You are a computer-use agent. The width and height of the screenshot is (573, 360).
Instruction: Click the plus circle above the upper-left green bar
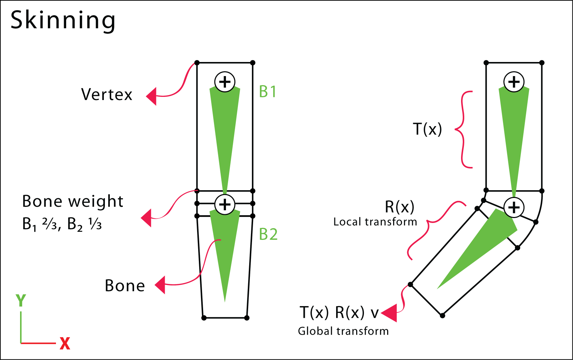pos(225,82)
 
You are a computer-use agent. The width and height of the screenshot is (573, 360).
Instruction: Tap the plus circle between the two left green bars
pos(225,204)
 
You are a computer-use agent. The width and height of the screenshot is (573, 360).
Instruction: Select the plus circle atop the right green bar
pos(514,82)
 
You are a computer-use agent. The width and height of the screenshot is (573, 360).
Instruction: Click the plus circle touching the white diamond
pos(514,207)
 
